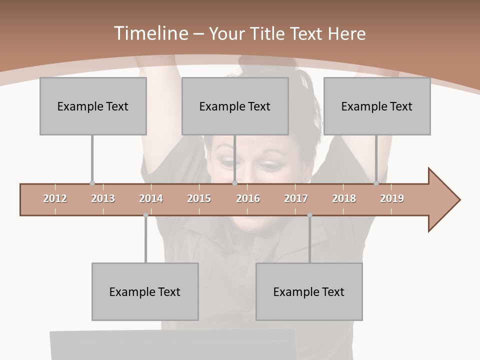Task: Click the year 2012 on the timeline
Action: (55, 198)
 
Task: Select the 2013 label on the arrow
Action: (103, 198)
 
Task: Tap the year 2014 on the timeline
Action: (151, 198)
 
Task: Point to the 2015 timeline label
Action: (199, 198)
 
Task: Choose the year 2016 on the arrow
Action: (248, 198)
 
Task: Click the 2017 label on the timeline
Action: (296, 198)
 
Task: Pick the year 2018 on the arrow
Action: (344, 198)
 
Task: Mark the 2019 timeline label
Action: (392, 198)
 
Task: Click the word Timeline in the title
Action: (150, 33)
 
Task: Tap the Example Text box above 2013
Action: (93, 106)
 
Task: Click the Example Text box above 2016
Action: (235, 106)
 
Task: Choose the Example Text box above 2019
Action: (377, 106)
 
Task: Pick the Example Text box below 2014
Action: (145, 291)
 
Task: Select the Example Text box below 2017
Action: (309, 291)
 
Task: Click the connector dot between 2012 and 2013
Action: (92, 183)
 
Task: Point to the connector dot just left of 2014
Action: (145, 215)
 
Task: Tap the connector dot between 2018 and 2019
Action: (376, 183)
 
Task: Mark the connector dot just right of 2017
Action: (309, 215)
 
